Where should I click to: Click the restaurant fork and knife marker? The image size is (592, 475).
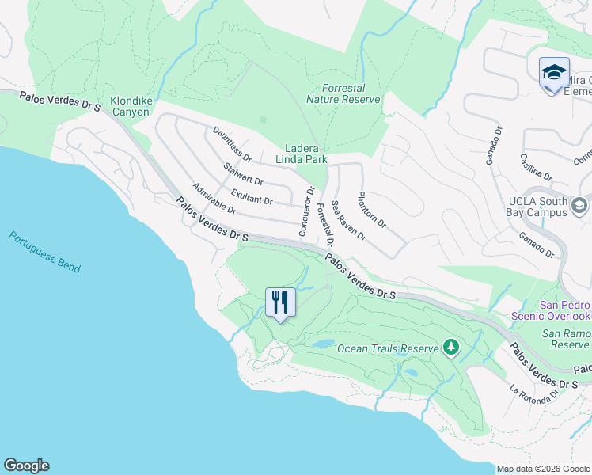point(280,303)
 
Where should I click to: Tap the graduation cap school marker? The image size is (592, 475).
point(554,74)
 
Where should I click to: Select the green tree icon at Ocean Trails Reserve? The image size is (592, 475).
point(451,347)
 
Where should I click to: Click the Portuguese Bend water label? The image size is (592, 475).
point(45,252)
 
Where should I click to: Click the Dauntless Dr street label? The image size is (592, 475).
point(232,145)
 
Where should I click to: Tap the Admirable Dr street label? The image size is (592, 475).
point(214,199)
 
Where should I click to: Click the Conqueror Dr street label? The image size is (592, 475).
point(307,205)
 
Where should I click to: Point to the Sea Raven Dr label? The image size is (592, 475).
point(348,221)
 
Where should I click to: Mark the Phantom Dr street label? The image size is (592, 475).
point(371,210)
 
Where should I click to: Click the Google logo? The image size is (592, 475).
point(26,465)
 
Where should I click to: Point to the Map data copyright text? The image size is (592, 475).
point(543,469)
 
